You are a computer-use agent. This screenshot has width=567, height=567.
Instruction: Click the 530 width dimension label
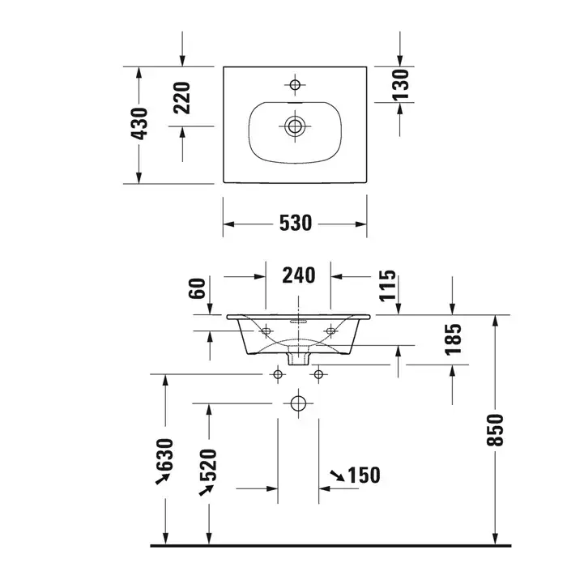pos(296,223)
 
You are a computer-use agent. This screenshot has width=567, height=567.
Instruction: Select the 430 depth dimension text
pos(139,124)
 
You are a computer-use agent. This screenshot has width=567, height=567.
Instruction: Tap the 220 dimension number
pos(182,98)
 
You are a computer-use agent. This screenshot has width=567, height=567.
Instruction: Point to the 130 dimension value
pos(400,85)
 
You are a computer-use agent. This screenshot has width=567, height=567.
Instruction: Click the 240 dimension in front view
pos(299,275)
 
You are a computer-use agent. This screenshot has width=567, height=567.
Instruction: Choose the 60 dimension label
pos(197,288)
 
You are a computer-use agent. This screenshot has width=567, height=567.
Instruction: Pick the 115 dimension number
pos(388,285)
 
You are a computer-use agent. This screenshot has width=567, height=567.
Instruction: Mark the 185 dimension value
pos(454,339)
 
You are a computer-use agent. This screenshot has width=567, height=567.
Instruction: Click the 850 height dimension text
pos(495,430)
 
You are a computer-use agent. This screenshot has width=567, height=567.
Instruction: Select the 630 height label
pos(165,454)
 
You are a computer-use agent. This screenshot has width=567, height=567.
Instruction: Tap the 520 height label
pos(208,465)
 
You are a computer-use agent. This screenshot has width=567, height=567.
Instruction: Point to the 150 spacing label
pos(364,475)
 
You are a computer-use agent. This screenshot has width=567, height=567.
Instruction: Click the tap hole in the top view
pos(295,85)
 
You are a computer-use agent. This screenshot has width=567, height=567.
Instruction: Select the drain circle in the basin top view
pos(295,126)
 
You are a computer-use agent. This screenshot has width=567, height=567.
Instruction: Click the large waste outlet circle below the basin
pos(298,403)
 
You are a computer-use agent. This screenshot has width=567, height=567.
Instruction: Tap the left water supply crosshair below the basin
pos(278,374)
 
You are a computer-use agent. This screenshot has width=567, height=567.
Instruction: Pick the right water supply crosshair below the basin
pos(318,374)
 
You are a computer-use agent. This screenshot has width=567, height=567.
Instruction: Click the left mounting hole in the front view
pos(266,330)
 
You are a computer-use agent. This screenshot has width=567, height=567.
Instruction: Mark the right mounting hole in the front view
pos(330,330)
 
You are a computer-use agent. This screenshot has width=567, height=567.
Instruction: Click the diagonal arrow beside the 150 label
pos(337,475)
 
